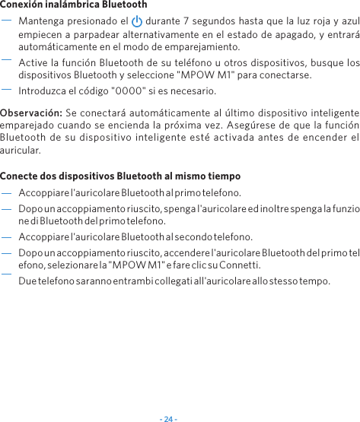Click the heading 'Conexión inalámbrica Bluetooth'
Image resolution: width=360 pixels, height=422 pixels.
point(74,5)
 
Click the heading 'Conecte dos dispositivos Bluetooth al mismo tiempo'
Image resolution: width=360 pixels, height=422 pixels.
point(110,176)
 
